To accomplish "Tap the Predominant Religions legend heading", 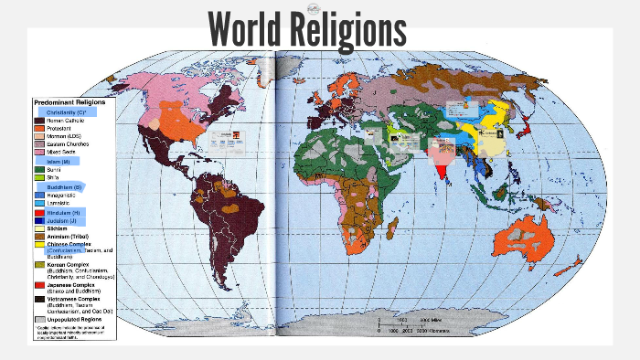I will click(x=69, y=102).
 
